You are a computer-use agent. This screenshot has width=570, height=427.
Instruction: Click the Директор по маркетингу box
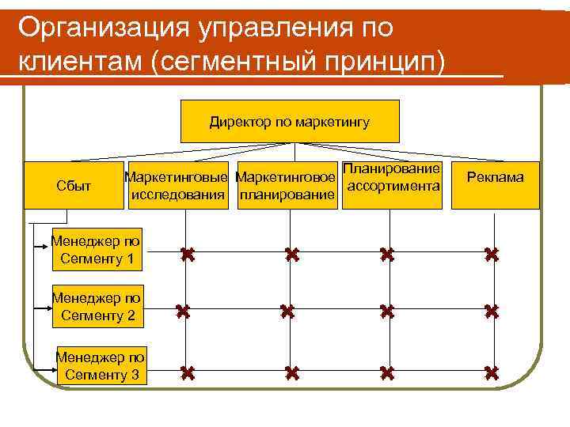tap(291, 122)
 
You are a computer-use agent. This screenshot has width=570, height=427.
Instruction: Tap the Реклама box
tap(495, 178)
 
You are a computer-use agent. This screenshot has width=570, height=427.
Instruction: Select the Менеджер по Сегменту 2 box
tap(97, 307)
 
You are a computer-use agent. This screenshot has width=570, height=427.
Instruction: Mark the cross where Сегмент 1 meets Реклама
tap(492, 255)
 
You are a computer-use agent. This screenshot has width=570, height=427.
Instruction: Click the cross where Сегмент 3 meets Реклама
tap(492, 372)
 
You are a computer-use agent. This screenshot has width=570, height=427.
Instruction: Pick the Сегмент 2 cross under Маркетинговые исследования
tap(184, 312)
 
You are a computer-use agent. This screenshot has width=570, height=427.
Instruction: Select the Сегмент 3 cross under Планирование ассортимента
tap(386, 372)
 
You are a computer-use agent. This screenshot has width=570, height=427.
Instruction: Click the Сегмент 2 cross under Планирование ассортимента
tap(386, 312)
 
